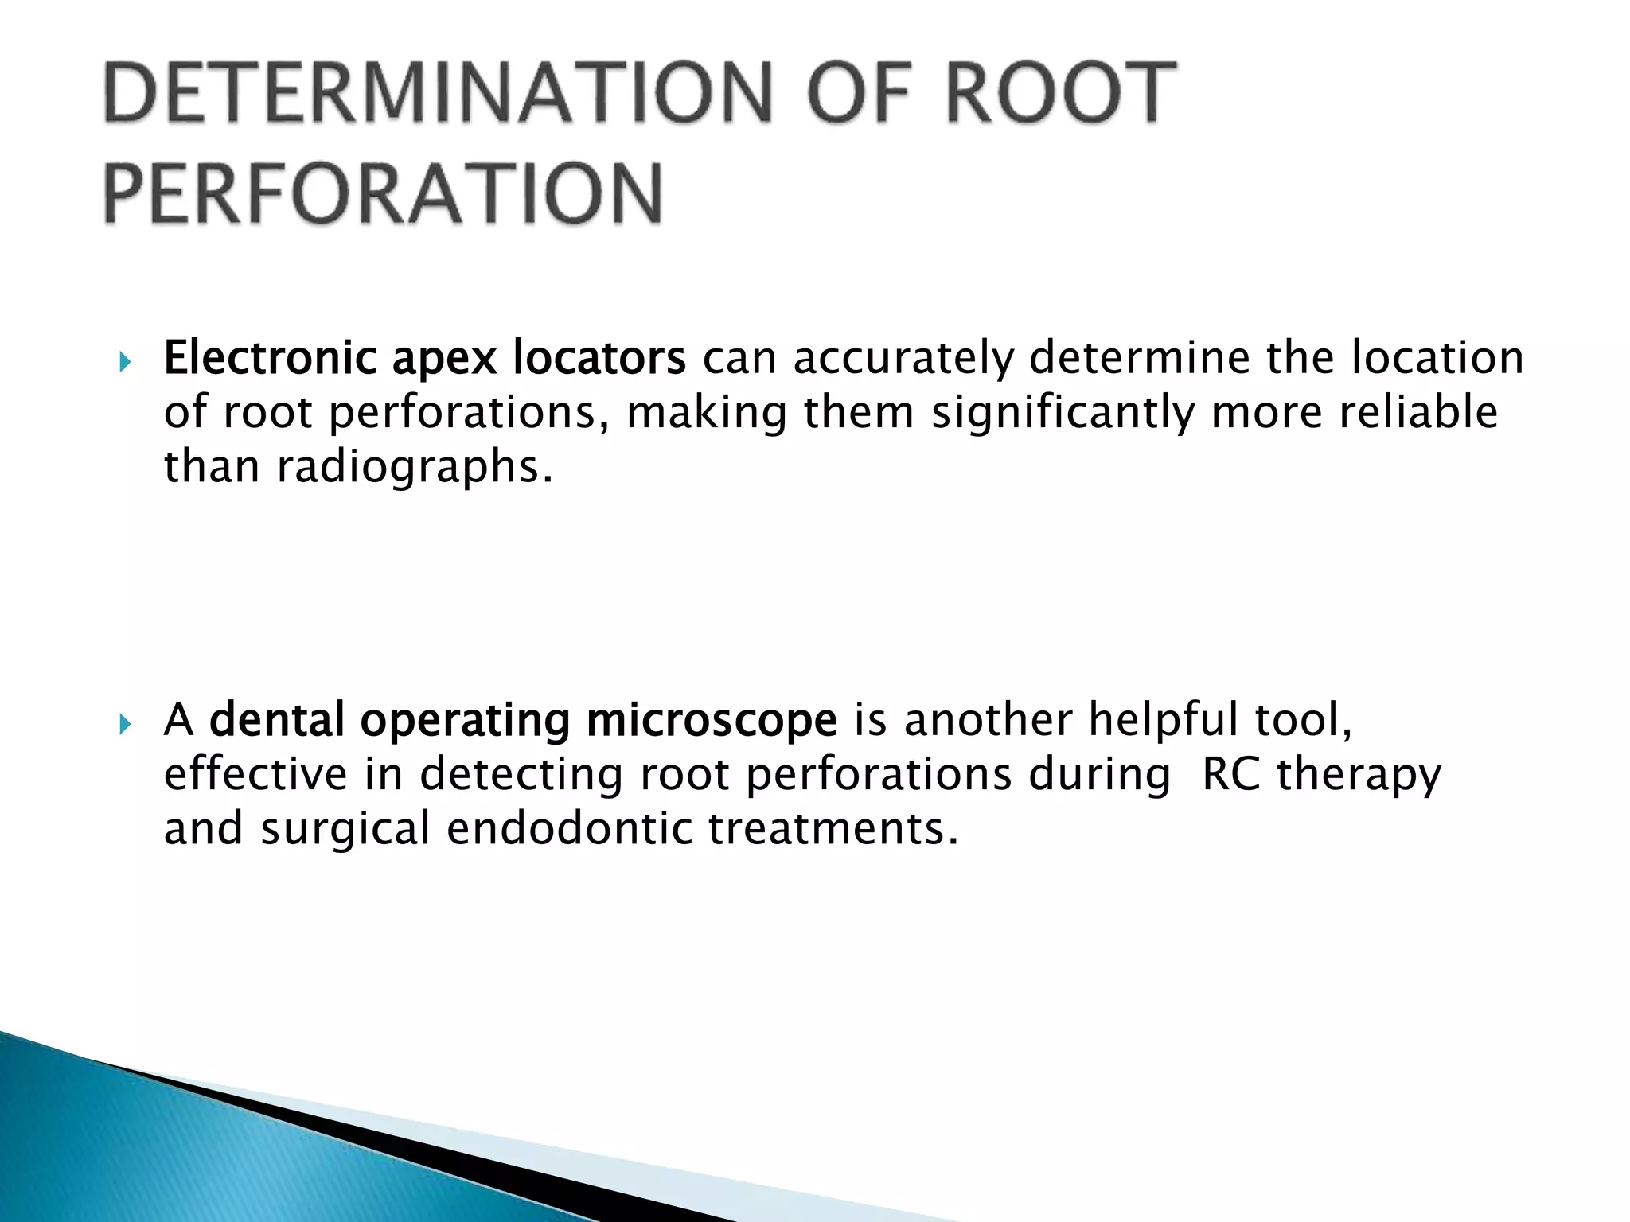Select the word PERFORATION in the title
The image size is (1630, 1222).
(x=383, y=193)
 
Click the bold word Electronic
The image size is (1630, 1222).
(x=269, y=358)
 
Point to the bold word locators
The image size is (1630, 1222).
(x=599, y=358)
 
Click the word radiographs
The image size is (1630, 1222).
(x=414, y=468)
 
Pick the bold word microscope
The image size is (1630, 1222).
(x=712, y=720)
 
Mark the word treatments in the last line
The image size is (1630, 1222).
(x=833, y=828)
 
